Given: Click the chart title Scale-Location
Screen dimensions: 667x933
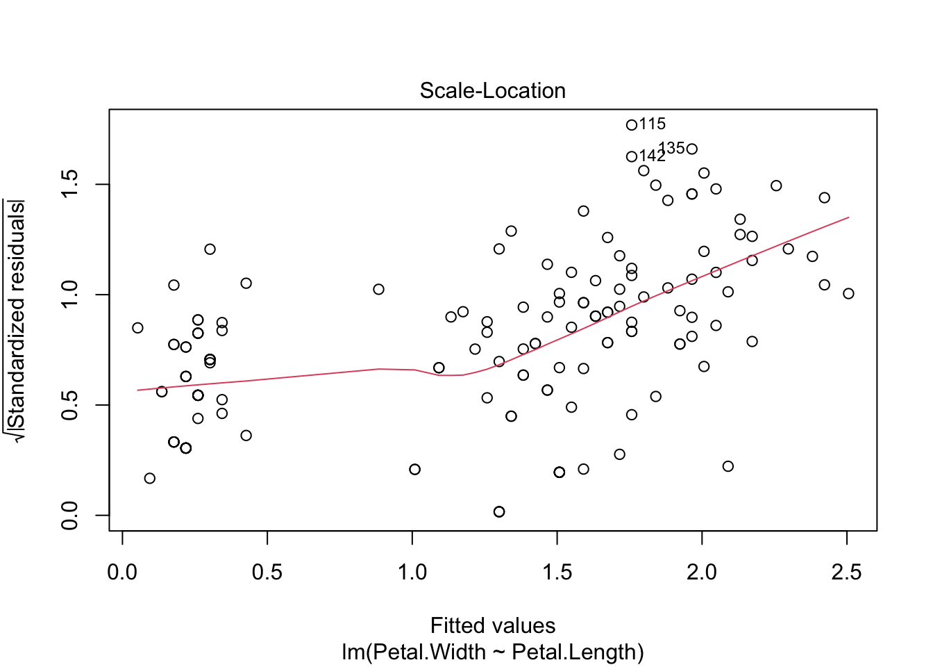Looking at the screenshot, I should pos(493,91).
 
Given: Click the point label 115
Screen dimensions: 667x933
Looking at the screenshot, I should pos(653,124).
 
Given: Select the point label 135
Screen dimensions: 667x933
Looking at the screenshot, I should pos(671,148).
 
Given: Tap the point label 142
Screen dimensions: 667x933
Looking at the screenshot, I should pos(653,156).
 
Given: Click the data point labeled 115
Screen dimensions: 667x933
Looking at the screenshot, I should pos(632,125).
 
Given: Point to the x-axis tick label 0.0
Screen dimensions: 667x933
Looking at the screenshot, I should pos(122,573).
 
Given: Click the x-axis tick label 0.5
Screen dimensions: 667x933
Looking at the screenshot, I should pos(267,573).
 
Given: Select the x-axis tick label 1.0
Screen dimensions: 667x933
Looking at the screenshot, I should pos(412,573).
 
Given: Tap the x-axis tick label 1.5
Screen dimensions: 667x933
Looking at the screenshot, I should pos(557,573).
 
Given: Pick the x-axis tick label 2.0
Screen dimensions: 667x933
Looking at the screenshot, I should pos(702,573).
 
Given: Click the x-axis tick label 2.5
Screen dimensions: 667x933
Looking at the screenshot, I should pos(847,573).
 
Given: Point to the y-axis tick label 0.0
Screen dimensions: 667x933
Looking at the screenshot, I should pos(70,515).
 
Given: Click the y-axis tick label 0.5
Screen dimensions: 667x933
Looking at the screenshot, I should pos(70,405).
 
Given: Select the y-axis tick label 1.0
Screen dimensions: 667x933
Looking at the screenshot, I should pos(70,295).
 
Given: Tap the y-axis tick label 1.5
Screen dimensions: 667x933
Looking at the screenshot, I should pos(70,185).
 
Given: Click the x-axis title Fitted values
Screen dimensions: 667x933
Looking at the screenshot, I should pos(493,626).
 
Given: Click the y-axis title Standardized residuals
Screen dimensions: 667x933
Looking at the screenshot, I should pos(17,320).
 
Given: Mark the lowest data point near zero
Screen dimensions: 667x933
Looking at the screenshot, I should pos(499,512).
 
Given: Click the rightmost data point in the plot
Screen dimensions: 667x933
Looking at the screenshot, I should pos(848,294).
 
